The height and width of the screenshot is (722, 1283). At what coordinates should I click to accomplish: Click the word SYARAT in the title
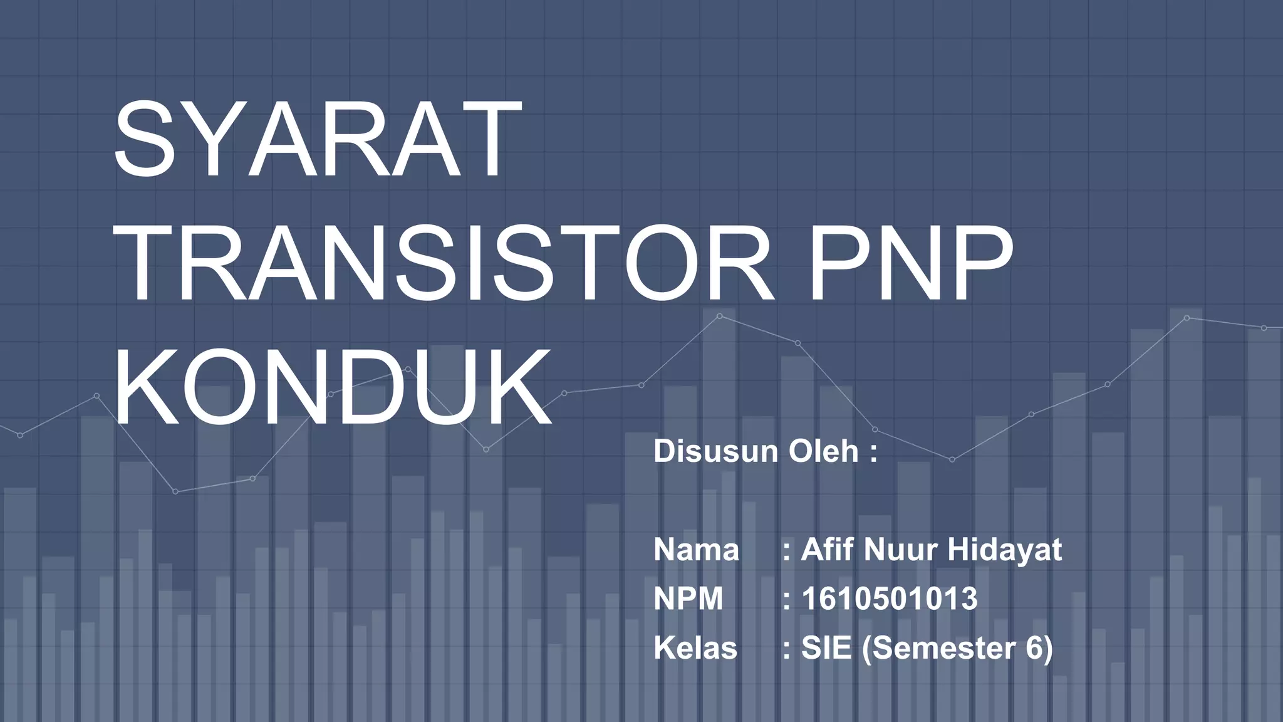[317, 139]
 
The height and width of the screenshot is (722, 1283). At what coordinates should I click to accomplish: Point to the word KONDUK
[332, 389]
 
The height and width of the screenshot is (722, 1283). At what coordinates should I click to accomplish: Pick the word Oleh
[823, 451]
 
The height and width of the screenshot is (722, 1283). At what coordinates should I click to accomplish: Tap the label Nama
[696, 550]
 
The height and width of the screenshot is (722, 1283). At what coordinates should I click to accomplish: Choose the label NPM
[688, 599]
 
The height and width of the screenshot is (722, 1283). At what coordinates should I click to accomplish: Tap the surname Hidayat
[1004, 550]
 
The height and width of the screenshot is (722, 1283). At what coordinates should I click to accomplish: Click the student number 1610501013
[890, 599]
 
